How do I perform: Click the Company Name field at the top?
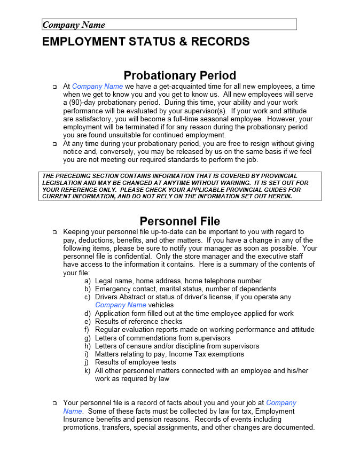(169, 25)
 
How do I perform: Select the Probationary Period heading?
(179, 75)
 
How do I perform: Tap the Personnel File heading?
(179, 221)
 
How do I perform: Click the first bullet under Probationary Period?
(54, 87)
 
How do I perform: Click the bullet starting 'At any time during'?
(54, 144)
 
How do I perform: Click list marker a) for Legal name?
(87, 281)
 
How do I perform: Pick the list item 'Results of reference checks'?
(138, 322)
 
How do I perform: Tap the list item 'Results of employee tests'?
(136, 362)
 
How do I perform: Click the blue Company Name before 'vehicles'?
(120, 305)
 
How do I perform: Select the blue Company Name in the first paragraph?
(97, 87)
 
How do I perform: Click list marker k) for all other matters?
(87, 370)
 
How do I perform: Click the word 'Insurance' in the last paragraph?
(80, 420)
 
